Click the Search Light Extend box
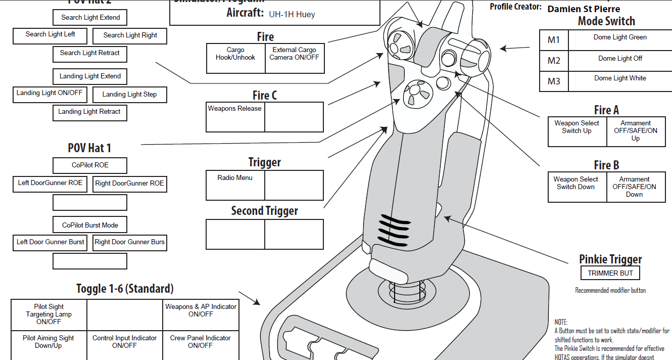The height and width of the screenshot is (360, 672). (x=90, y=18)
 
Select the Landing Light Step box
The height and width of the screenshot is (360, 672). (x=129, y=95)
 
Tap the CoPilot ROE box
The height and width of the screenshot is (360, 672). (x=90, y=165)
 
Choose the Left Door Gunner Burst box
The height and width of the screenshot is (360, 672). (x=51, y=242)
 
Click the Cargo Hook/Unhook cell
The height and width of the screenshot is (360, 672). (x=235, y=59)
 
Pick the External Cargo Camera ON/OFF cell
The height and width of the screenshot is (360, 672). (x=294, y=59)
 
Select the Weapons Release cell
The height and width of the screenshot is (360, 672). (x=235, y=117)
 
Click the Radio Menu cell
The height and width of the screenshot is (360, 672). (x=235, y=185)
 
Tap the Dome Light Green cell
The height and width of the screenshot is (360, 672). (x=620, y=40)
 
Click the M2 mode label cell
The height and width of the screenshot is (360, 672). (x=554, y=61)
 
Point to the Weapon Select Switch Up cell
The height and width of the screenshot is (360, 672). (x=577, y=131)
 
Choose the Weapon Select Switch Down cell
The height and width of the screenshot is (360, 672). (x=577, y=188)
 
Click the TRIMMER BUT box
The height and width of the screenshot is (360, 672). (x=610, y=274)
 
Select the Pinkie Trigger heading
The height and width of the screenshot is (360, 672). (x=610, y=259)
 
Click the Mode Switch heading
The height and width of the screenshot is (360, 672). (x=606, y=21)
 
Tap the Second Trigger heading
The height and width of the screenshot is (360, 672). (x=265, y=211)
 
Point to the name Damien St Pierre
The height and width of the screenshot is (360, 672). (x=584, y=9)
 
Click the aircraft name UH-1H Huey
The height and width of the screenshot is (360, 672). (x=292, y=14)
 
